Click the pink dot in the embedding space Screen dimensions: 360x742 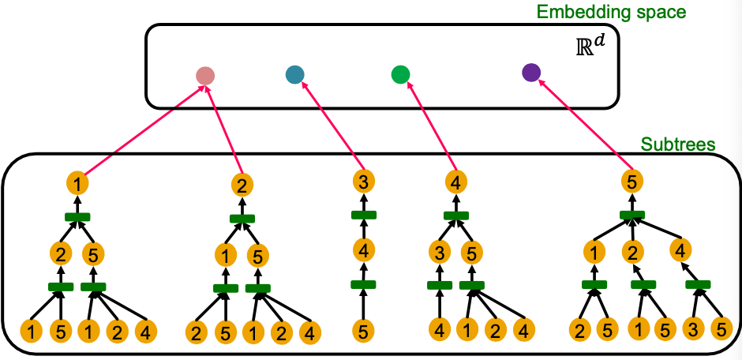pyautogui.click(x=205, y=76)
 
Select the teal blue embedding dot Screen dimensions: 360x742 pyautogui.click(x=294, y=75)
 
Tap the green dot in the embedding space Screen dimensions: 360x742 pyautogui.click(x=400, y=75)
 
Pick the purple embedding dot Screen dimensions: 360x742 pyautogui.click(x=531, y=73)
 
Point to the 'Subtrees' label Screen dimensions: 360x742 pyautogui.click(x=678, y=144)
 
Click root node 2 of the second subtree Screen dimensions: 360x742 pyautogui.click(x=242, y=186)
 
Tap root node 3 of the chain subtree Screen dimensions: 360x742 pyautogui.click(x=363, y=181)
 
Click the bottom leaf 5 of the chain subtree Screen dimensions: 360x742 pyautogui.click(x=363, y=331)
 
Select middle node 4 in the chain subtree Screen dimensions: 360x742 pyautogui.click(x=363, y=252)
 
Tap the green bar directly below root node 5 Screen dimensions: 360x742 pyautogui.click(x=631, y=215)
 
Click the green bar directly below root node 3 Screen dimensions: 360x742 pyautogui.click(x=363, y=215)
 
